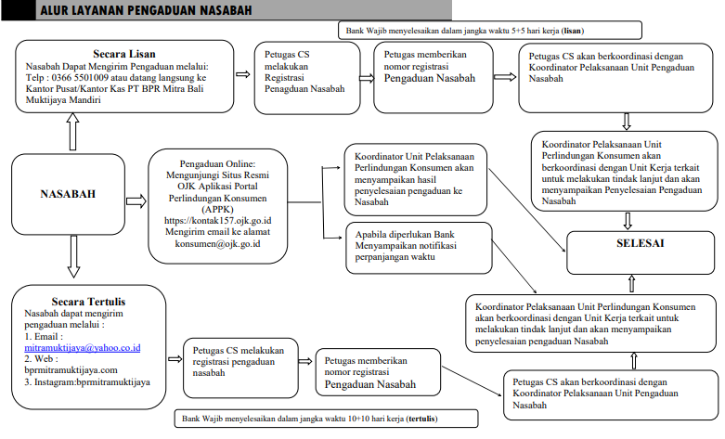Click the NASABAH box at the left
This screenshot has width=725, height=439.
pos(68,195)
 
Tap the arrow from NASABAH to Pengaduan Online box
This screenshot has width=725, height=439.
pos(135,200)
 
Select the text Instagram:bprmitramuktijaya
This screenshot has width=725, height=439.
pos(87,381)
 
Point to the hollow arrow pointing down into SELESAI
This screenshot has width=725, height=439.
pos(628,220)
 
